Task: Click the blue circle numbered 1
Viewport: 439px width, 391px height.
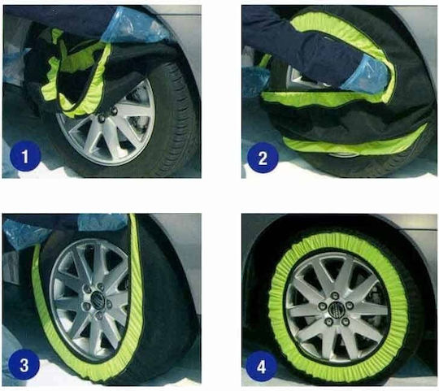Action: pyautogui.click(x=25, y=156)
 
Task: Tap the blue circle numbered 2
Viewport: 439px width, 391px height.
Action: pyautogui.click(x=263, y=158)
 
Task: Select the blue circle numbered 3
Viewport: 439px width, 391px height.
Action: pyautogui.click(x=24, y=365)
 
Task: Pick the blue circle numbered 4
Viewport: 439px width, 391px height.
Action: pyautogui.click(x=261, y=367)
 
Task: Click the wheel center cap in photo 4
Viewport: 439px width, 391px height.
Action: pyautogui.click(x=334, y=309)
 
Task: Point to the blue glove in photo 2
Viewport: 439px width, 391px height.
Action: pyautogui.click(x=364, y=75)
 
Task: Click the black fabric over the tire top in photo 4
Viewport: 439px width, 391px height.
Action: pyautogui.click(x=336, y=227)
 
